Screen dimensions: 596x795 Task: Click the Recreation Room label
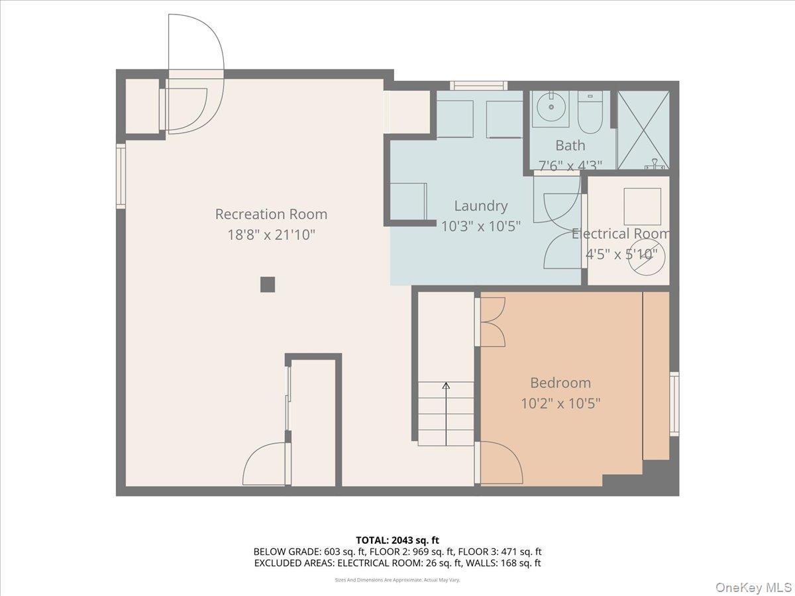tap(271, 214)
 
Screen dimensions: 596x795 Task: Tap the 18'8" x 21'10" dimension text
tap(271, 234)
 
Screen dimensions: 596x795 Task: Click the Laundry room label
tap(480, 206)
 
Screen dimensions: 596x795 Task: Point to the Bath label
tap(570, 145)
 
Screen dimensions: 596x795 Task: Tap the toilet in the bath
tap(588, 113)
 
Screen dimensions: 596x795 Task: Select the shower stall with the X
tap(643, 130)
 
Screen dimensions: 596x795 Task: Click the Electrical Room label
tap(621, 234)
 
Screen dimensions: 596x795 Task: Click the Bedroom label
tap(560, 383)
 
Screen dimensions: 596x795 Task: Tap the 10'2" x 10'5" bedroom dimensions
tap(560, 403)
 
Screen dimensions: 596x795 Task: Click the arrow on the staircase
tap(446, 385)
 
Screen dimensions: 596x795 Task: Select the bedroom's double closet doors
tap(492, 323)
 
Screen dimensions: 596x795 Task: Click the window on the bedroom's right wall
tap(674, 404)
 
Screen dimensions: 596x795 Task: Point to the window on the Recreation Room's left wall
tap(121, 176)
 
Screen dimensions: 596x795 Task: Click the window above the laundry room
tap(478, 85)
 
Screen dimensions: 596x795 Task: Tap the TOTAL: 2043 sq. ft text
tap(397, 540)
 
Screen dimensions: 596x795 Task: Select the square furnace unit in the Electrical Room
tap(642, 207)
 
